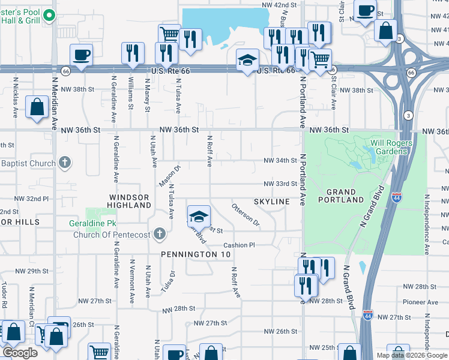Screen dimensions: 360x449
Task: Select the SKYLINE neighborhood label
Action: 271,202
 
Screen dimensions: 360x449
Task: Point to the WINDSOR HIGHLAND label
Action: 130,201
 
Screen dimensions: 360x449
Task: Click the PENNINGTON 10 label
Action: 196,254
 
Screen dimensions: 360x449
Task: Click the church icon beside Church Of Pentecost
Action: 159,233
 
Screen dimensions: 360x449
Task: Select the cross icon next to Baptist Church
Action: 65,163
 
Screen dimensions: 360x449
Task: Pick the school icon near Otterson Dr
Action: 199,216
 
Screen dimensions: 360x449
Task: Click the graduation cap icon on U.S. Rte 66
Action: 247,61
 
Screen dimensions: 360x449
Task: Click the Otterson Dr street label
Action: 246,215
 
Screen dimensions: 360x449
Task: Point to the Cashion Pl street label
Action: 240,245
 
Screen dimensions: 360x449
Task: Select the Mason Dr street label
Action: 169,176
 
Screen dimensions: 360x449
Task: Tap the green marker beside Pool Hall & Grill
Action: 53,17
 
